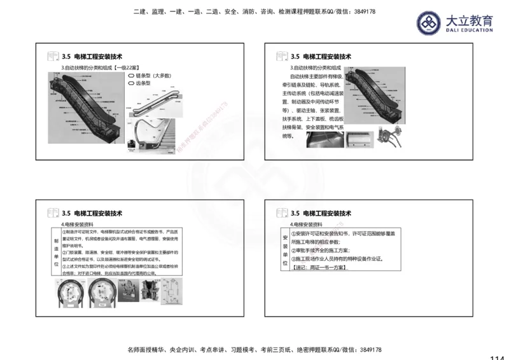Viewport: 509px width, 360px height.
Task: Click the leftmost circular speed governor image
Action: click(x=68, y=294)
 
